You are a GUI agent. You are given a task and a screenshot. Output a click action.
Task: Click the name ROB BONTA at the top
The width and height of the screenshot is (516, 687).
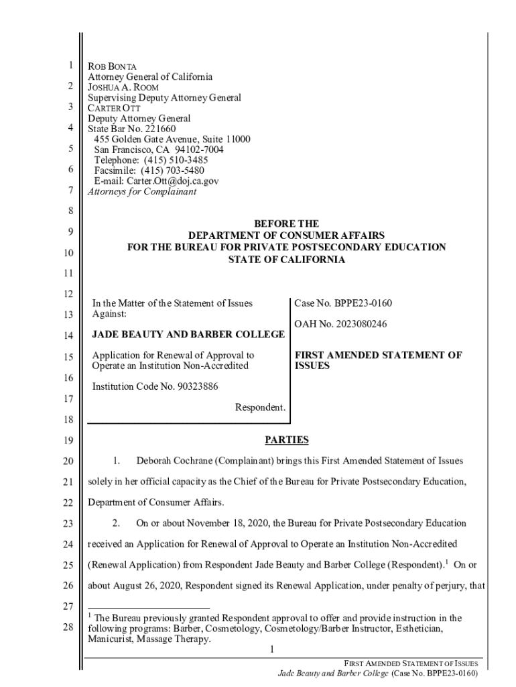pos(113,67)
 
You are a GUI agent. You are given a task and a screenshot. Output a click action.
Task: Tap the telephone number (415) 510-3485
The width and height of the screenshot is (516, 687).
pos(175,160)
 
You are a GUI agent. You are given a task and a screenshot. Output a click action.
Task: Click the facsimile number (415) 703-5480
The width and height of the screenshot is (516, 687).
pos(172,170)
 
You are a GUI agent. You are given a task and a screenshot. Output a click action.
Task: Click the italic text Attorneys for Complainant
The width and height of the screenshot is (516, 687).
pos(143,192)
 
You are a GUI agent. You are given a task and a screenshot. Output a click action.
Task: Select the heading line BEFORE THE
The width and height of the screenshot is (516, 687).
pos(286,223)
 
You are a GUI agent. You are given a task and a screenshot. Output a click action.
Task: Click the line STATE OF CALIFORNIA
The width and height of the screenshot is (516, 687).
pos(286,260)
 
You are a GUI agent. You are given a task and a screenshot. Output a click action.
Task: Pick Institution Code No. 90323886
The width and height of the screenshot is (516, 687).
pos(155,386)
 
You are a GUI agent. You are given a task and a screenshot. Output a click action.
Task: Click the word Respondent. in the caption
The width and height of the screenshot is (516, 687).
pos(260,407)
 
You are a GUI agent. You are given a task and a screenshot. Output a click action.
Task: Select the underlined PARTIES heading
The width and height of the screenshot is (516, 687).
pos(286,440)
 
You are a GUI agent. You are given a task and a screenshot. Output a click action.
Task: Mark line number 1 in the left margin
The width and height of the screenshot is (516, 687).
pos(69,66)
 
